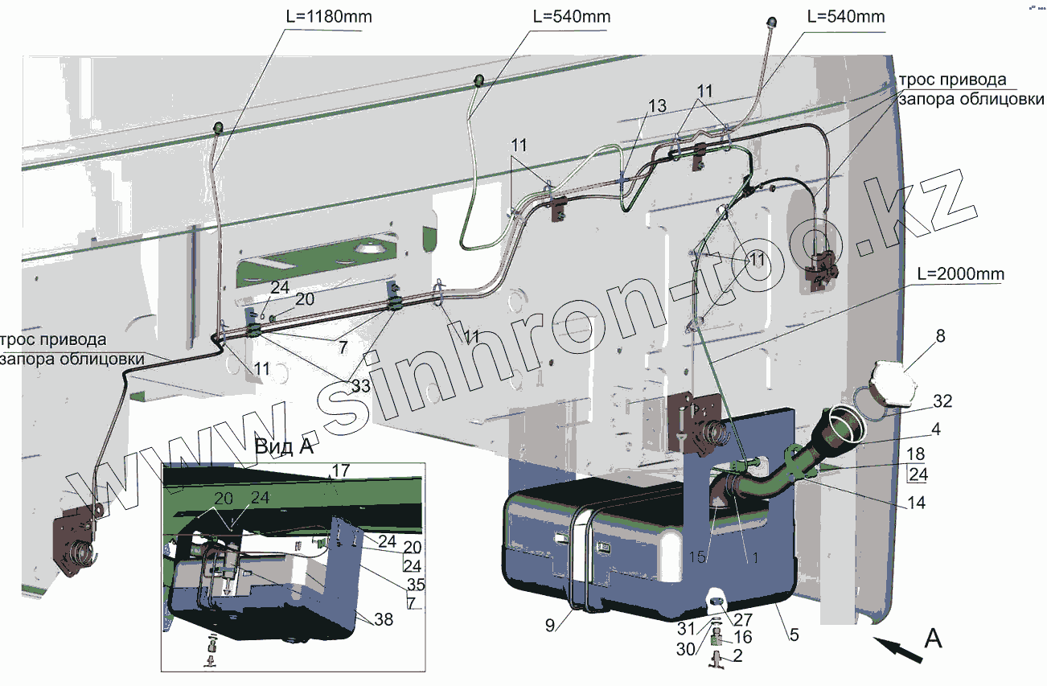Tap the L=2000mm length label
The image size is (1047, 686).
959,274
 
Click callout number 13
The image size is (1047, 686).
656,106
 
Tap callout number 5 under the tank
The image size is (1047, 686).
794,635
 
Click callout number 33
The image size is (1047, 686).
360,386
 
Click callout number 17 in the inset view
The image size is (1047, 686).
340,470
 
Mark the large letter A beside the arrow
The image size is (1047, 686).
933,639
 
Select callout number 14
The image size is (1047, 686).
916,503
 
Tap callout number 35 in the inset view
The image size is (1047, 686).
416,585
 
